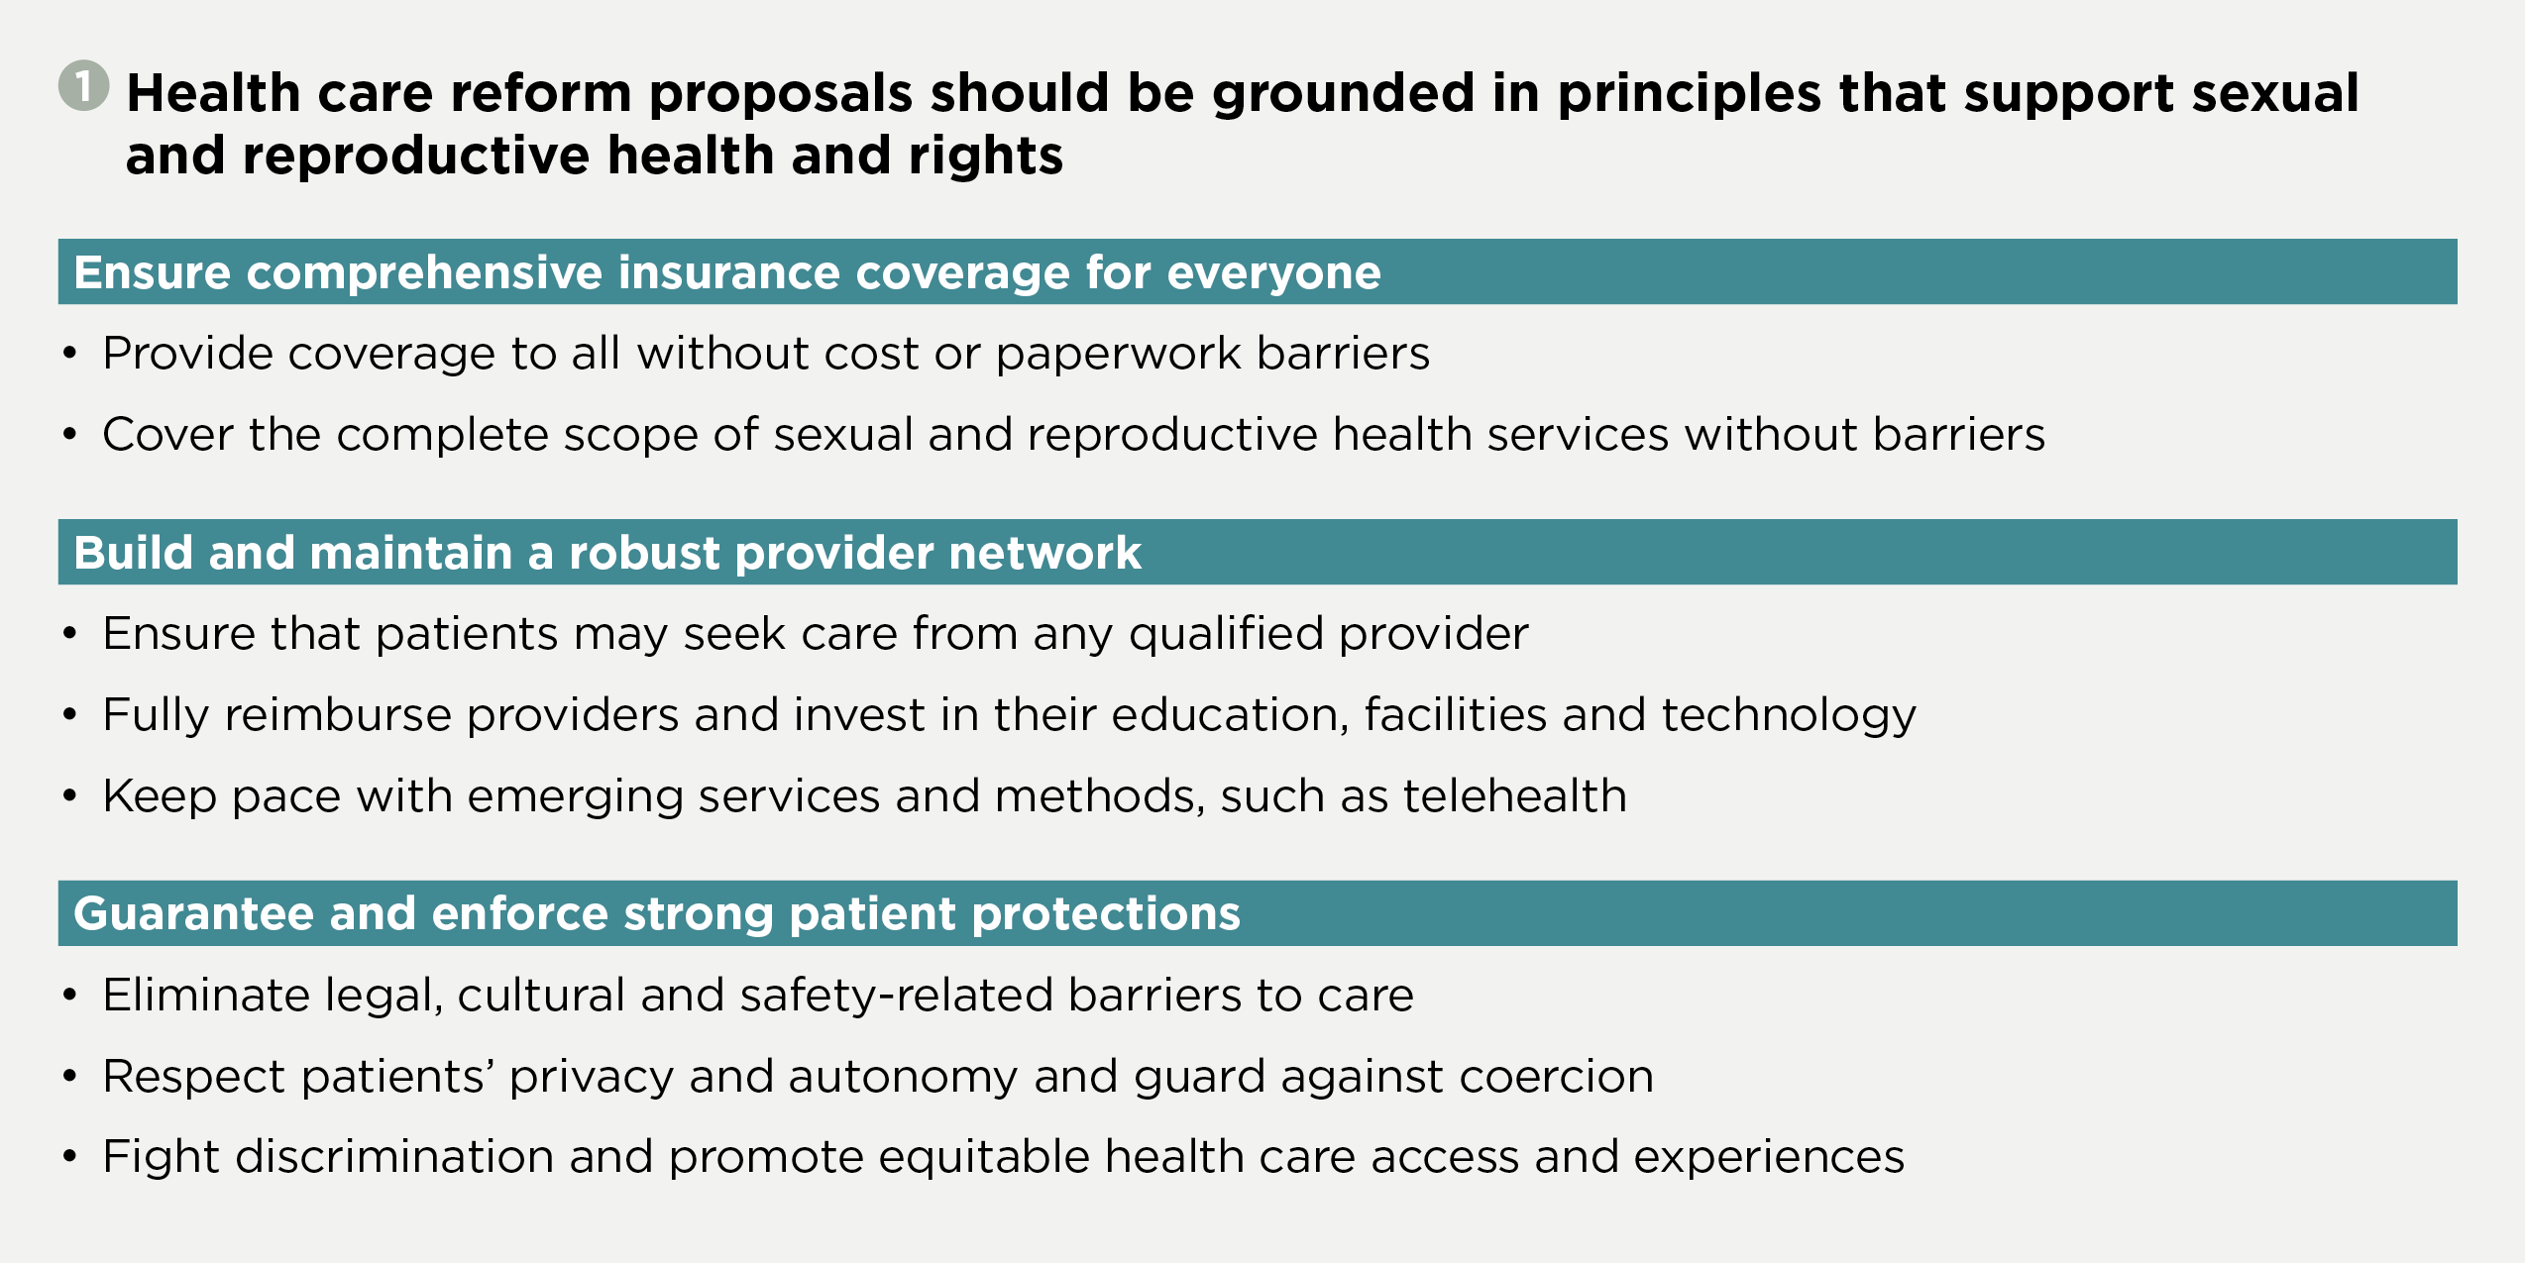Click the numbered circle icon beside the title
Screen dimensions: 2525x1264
click(84, 86)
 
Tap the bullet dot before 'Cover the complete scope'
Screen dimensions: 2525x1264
click(69, 434)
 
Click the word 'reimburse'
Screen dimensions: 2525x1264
click(338, 715)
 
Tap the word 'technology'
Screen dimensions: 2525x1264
click(1789, 716)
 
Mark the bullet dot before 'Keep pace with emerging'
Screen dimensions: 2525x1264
click(69, 795)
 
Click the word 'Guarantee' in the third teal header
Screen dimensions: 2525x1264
click(194, 914)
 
